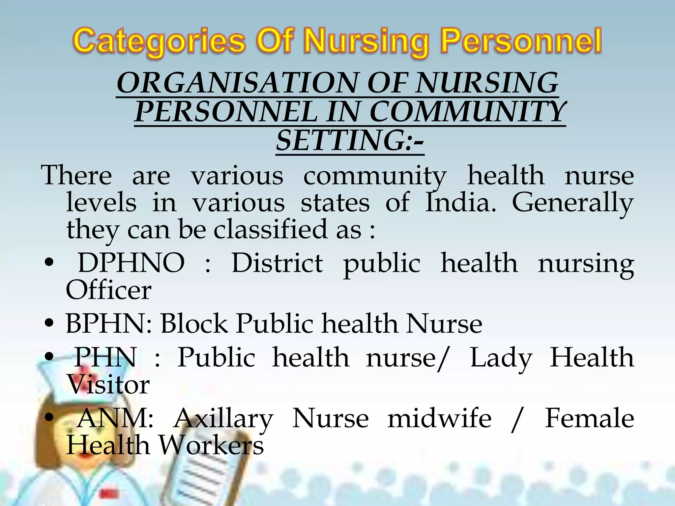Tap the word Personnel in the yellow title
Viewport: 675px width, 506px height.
[x=521, y=42]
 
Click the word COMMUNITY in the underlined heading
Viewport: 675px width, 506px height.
[x=467, y=112]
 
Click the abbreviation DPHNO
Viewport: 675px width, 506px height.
[x=131, y=263]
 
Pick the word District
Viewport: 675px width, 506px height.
[x=277, y=263]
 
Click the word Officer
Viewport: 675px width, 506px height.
[x=108, y=290]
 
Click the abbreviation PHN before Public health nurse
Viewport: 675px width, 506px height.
[x=105, y=357]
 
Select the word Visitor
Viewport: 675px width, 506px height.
[x=108, y=384]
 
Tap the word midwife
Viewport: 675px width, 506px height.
[x=439, y=418]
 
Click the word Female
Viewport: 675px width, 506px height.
[x=589, y=418]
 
